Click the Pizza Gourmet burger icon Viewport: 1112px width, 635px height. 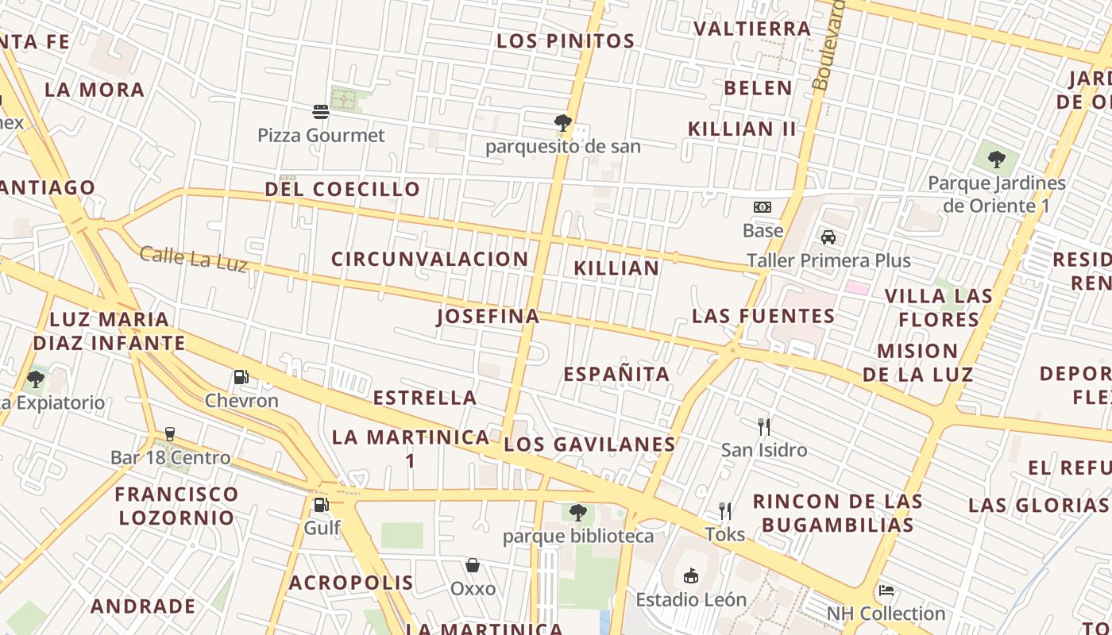point(321,112)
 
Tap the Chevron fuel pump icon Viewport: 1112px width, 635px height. point(241,377)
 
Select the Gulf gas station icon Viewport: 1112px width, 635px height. point(321,505)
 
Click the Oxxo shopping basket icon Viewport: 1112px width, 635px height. point(473,565)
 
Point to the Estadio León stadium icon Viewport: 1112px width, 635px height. point(690,575)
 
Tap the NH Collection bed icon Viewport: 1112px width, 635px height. point(886,591)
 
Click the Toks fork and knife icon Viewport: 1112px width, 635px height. point(724,510)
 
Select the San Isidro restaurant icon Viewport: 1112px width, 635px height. point(764,427)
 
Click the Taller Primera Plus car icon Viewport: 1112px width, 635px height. point(828,237)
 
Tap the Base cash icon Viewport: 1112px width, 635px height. point(763,207)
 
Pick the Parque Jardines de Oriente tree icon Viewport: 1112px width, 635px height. point(997,160)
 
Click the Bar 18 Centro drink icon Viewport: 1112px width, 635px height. point(169,434)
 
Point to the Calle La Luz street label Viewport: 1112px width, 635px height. point(194,259)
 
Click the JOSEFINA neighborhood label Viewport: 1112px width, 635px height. point(488,317)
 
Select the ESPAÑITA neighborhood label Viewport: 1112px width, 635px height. point(617,374)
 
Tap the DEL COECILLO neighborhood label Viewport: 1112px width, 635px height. point(342,190)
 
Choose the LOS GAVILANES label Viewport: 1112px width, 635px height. point(590,444)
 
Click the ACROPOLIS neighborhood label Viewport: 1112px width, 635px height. point(351,583)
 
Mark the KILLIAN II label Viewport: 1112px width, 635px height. point(742,129)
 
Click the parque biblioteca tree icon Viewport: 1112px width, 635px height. point(577,512)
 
